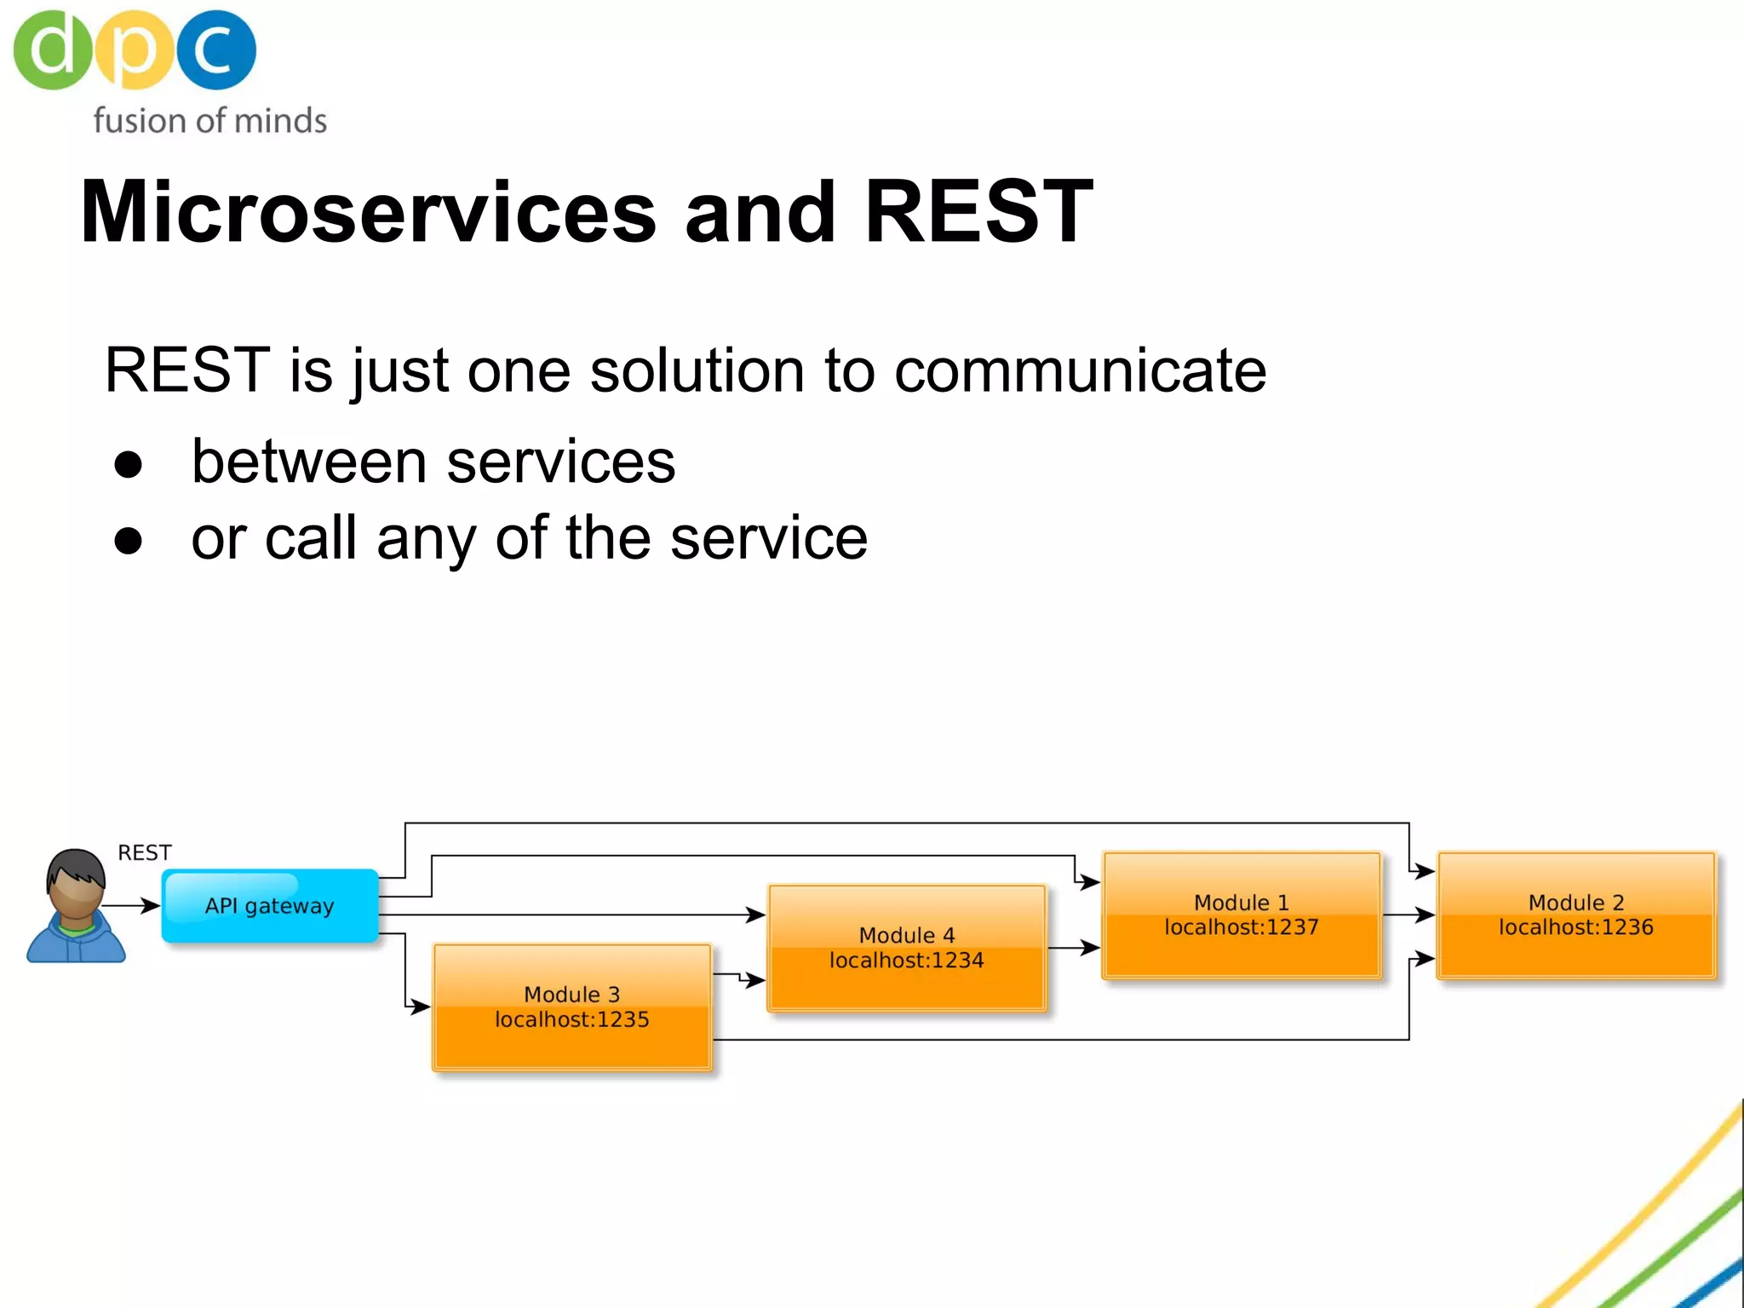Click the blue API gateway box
coord(270,905)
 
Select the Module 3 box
coord(571,1007)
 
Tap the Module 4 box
coord(906,948)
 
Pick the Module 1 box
coord(1241,915)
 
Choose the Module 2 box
coord(1575,915)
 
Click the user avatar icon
coord(76,907)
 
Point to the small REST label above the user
coord(144,852)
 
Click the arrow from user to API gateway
coord(132,905)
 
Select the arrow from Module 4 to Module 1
coord(1073,947)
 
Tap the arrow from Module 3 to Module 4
coord(739,977)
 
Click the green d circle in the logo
coord(52,50)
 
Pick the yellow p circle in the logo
coord(134,50)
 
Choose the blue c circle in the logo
coord(215,50)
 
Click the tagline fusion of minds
coord(209,121)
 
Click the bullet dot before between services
coord(128,465)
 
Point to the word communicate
coord(1080,370)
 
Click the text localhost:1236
coord(1575,927)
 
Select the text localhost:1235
coord(571,1019)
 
